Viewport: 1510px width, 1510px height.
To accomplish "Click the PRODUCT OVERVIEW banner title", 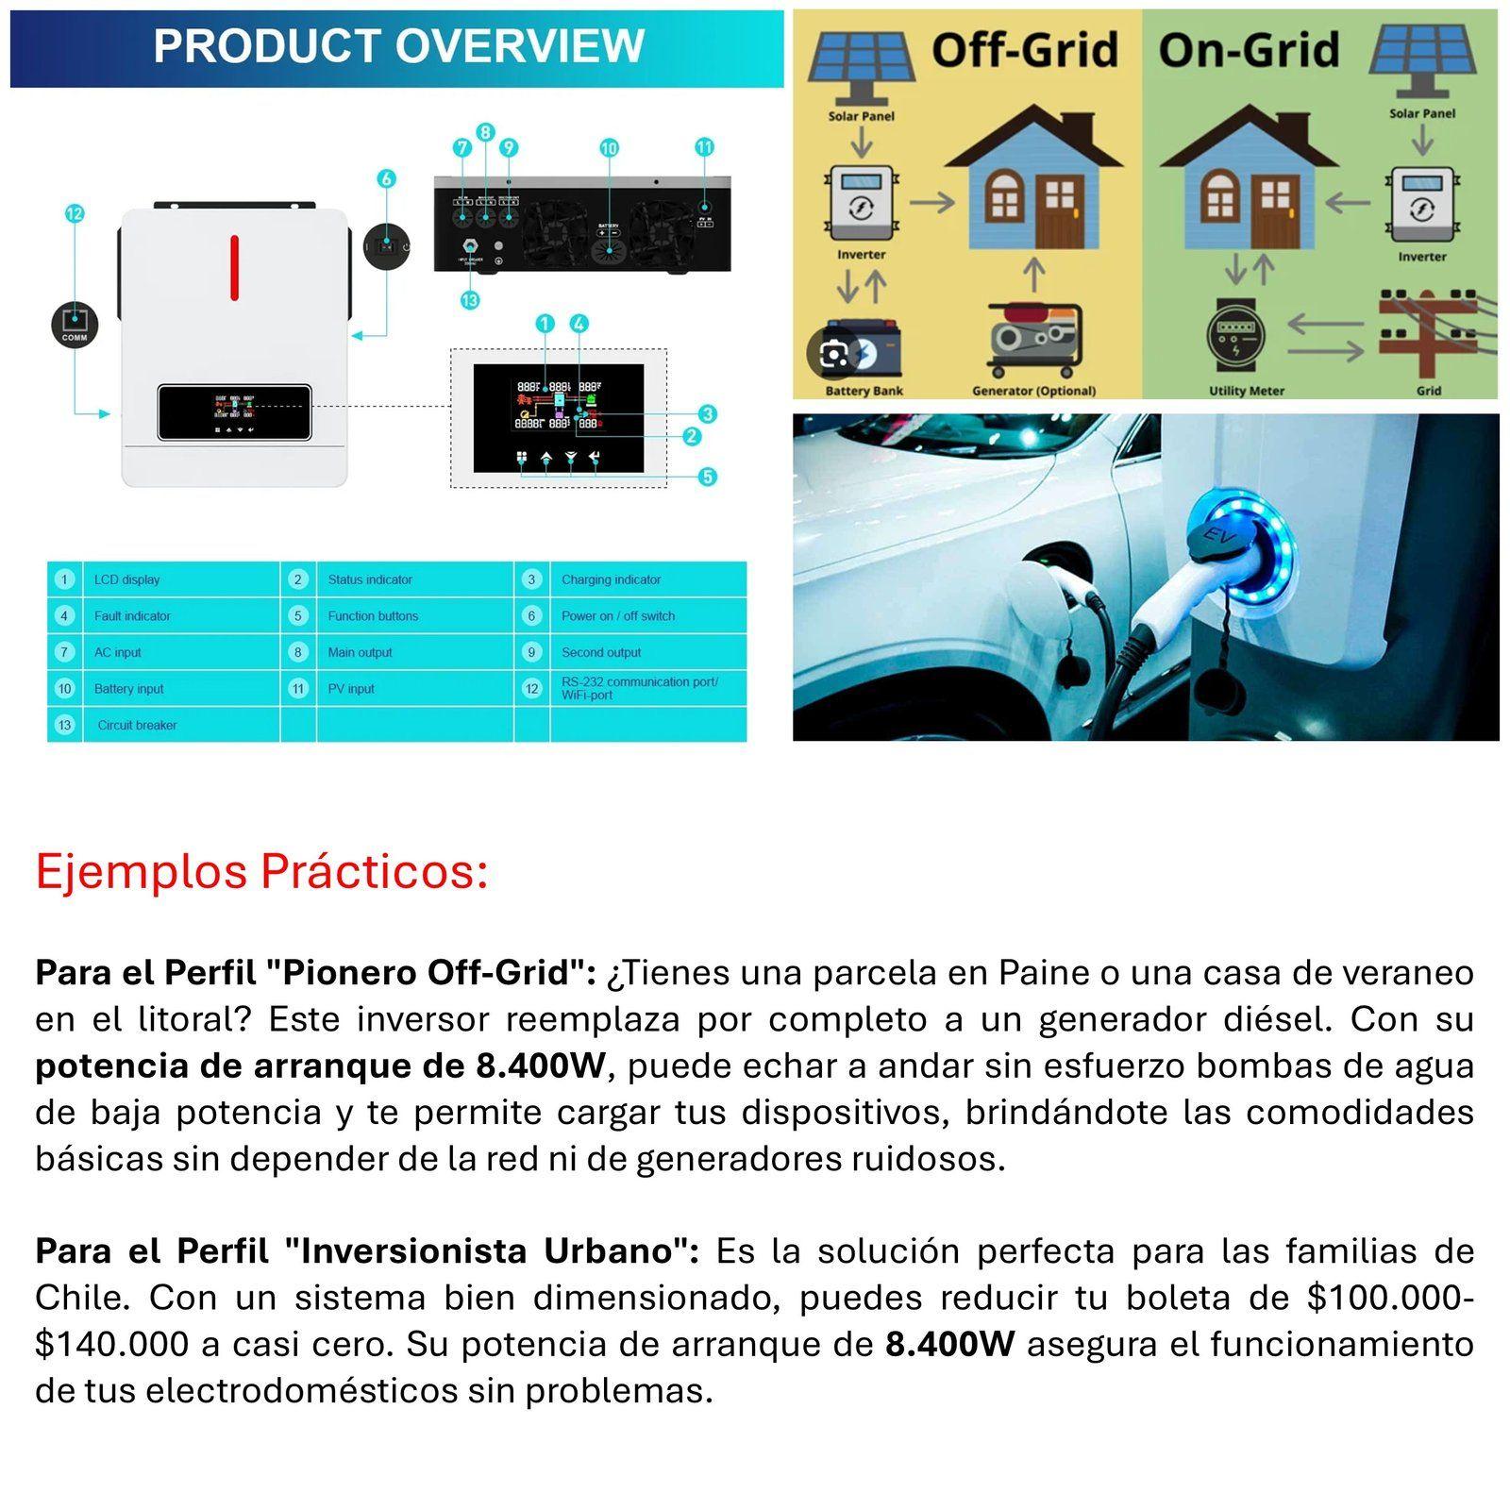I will pos(398,46).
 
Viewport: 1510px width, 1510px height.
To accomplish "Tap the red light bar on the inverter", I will pos(234,267).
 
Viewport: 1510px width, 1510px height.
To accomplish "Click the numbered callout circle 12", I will pos(75,214).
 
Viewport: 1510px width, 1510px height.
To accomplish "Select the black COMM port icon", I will pos(75,324).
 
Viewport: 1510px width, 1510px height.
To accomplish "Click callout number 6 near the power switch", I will pos(386,179).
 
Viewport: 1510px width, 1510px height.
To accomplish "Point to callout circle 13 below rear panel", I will pos(470,300).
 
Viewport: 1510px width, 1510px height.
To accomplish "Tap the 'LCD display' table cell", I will pos(126,579).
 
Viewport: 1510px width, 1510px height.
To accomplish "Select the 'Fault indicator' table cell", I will pos(132,616).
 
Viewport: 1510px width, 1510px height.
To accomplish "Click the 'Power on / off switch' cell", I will pos(618,616).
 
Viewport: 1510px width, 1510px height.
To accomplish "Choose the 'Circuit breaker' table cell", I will pos(137,725).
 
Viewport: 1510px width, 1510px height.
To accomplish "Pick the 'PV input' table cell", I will pos(351,689).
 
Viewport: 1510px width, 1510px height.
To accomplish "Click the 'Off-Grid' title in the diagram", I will pos(1025,50).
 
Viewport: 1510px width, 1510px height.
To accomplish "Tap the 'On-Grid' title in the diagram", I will pos(1249,50).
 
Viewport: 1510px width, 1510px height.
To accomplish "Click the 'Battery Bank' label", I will pos(864,391).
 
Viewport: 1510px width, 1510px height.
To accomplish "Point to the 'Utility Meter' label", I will pos(1247,391).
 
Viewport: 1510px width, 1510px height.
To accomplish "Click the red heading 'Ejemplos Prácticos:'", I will pos(261,871).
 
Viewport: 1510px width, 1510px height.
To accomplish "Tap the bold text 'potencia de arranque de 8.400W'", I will pos(321,1066).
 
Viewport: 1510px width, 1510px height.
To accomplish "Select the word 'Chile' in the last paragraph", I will pos(80,1298).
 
